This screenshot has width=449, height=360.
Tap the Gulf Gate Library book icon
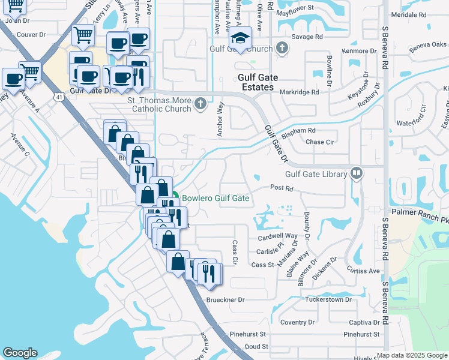(x=357, y=173)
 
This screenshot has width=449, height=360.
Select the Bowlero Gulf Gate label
(x=215, y=198)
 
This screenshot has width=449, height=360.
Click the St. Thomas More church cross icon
(x=200, y=105)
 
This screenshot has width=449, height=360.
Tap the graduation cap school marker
(x=241, y=37)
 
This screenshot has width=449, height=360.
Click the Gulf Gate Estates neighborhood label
(x=255, y=82)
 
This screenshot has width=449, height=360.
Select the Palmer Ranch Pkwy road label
(x=420, y=211)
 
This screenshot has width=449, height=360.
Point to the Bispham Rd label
(x=298, y=130)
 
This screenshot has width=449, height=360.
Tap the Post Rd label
(x=281, y=188)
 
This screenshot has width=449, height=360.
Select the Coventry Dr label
(x=297, y=322)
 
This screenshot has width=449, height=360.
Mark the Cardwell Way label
(x=279, y=236)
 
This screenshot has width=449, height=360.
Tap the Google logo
(x=20, y=353)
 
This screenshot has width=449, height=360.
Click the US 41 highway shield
(x=59, y=97)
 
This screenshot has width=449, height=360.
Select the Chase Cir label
(x=319, y=142)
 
